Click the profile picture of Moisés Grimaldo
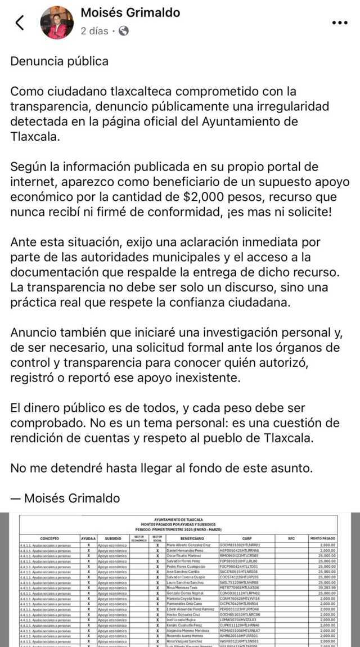coord(57,23)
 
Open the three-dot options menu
coord(340,23)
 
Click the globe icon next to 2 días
coord(123,31)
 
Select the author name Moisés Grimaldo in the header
coord(130,12)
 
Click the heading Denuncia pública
coord(59,61)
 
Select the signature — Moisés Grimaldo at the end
coord(65,498)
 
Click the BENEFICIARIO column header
coord(192,538)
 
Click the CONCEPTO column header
coord(49,538)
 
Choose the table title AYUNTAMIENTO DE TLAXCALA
coord(179,519)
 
